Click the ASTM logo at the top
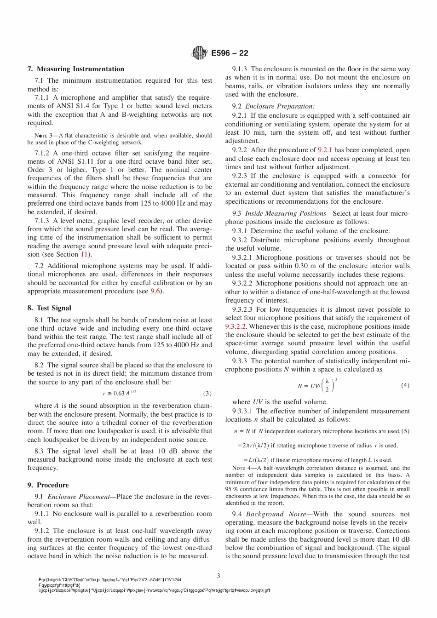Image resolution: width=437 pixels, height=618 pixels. [x=199, y=53]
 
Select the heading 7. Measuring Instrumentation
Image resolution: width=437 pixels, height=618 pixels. [x=76, y=69]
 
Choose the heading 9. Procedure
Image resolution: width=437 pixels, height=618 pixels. [x=48, y=485]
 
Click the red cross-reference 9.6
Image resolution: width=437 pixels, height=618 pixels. [x=155, y=292]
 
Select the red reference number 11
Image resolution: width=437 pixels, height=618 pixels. [x=85, y=254]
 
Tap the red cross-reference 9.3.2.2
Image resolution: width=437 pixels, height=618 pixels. [x=236, y=326]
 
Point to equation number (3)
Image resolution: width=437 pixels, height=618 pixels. [x=207, y=394]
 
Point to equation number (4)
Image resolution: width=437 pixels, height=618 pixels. [x=405, y=385]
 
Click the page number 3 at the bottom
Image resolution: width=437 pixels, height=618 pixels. [x=218, y=575]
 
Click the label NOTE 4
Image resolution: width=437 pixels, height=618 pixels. [x=236, y=468]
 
